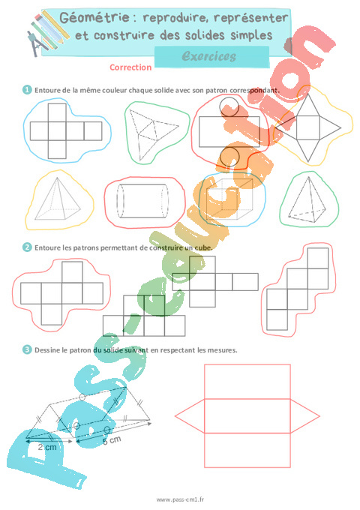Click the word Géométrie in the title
coord(95,18)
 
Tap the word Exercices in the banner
coord(209,56)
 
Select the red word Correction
coord(130,67)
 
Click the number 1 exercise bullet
coord(27,90)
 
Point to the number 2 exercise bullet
coord(27,247)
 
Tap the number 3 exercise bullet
coord(27,349)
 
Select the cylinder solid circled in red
coord(142,201)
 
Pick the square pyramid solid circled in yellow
coord(58,199)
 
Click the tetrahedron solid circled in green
coord(307,199)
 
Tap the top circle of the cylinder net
coord(229,106)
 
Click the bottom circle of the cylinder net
coord(229,157)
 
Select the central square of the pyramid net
coord(308,127)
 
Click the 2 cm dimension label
coord(47,447)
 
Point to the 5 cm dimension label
coord(112,441)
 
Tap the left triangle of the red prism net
coord(190,415)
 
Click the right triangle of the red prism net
coord(304,416)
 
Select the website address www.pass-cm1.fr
coord(180,499)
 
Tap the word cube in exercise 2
coord(203,247)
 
